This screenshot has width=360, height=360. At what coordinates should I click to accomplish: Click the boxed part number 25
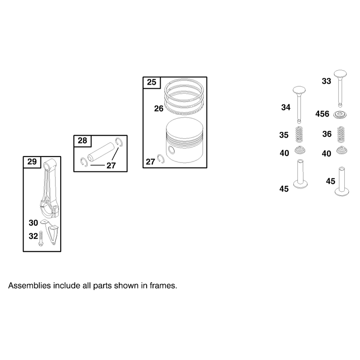pos(152,82)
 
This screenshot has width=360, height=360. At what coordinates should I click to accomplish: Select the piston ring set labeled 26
pos(184,96)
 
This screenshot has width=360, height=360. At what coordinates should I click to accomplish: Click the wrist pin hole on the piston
pos(171,150)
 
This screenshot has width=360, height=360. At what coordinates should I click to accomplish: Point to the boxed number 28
pos(82,140)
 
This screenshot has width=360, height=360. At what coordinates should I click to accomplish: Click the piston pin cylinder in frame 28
pos(101,153)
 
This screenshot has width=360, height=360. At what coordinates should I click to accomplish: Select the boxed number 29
pos(32,162)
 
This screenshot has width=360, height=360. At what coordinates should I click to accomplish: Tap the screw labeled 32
pos(41,239)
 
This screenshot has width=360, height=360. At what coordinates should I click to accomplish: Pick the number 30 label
pos(33,223)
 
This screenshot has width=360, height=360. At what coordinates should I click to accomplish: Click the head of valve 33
pos(340,74)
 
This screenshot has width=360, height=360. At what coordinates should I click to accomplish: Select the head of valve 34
pos(299,91)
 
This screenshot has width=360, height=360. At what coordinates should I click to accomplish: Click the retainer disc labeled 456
pos(340,115)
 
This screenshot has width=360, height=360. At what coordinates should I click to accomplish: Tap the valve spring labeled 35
pos(299,135)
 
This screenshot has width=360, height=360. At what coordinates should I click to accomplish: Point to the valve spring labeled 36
pos(341,135)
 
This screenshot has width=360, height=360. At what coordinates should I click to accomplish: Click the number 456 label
pos(322,114)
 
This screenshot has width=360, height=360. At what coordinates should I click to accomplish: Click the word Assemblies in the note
pos(29,286)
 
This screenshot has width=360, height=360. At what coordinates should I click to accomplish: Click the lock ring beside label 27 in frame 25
pos(161,159)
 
